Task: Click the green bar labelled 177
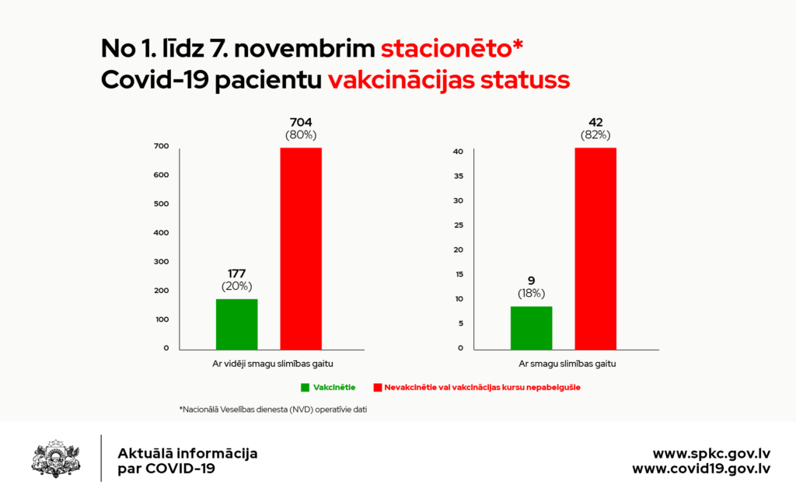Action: [x=236, y=323]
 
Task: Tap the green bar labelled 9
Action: [x=531, y=327]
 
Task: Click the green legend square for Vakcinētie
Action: [x=304, y=386]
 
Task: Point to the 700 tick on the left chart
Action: [x=161, y=146]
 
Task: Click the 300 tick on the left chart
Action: [x=161, y=262]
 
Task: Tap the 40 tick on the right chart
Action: [x=459, y=152]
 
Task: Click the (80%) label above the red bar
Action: [x=301, y=134]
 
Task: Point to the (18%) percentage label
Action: [x=532, y=293]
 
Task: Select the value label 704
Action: [x=301, y=122]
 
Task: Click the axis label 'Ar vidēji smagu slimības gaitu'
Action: [x=269, y=364]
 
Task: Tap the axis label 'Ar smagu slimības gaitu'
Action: [x=564, y=364]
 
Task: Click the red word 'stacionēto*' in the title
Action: [x=452, y=48]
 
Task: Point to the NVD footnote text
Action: [x=272, y=409]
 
